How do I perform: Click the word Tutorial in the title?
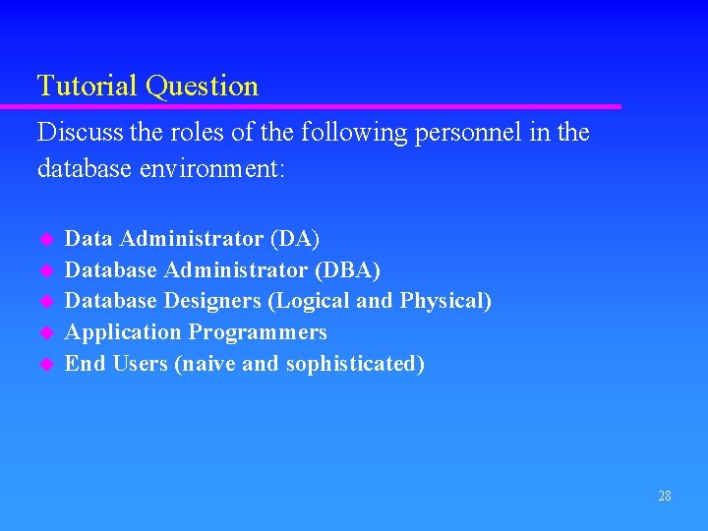tap(88, 87)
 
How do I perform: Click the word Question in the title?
tap(202, 88)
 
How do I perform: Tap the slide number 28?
tap(665, 496)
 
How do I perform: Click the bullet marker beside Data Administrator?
tap(44, 240)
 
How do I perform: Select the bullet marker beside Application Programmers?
tap(44, 333)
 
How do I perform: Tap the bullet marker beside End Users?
tap(44, 365)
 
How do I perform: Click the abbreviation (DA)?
tap(295, 239)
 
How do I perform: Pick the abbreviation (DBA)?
tap(347, 269)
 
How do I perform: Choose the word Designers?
tap(213, 301)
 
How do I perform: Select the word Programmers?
tap(258, 332)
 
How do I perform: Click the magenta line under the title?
tap(324, 106)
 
